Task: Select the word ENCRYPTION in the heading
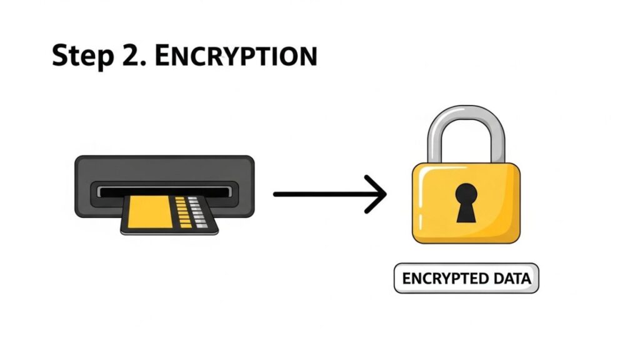click(236, 56)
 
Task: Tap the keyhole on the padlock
click(466, 202)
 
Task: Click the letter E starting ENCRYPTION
click(162, 56)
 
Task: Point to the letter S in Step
click(61, 56)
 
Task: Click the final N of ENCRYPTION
click(307, 56)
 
